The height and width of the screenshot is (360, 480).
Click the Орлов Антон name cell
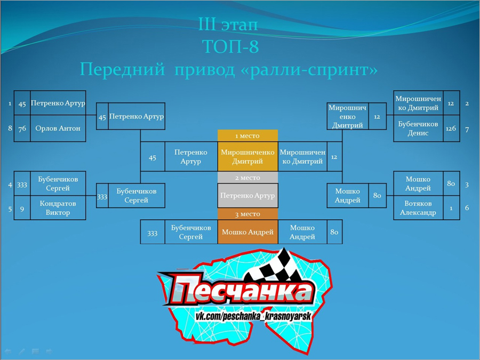coord(58,128)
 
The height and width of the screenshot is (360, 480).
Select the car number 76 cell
coord(22,128)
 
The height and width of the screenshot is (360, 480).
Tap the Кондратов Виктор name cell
coord(58,208)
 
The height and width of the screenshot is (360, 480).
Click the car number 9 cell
coord(22,208)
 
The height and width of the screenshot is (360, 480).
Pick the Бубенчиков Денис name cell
coord(418,128)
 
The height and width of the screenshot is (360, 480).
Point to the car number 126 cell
coord(451,128)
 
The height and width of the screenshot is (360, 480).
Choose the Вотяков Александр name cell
coord(418,208)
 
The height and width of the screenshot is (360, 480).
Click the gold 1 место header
coord(247,135)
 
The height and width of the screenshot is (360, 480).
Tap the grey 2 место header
coord(247,178)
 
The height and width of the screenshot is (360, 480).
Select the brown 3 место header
coord(247,214)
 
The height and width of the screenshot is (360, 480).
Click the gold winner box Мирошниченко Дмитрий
coord(247,156)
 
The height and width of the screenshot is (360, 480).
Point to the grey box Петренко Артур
coord(247,196)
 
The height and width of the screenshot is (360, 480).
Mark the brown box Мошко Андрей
coord(247,232)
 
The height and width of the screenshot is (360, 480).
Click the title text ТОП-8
coord(230,46)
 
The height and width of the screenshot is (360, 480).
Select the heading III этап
coord(228,24)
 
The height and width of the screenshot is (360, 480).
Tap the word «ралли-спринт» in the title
coord(309,69)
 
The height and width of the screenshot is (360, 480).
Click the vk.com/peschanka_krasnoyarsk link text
coord(253,316)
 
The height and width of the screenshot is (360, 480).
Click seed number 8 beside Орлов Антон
coord(10,128)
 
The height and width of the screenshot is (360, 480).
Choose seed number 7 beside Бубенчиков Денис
coord(467,130)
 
